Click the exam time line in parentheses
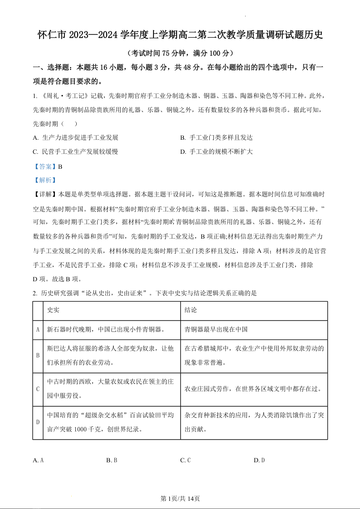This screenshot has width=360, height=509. (x=180, y=53)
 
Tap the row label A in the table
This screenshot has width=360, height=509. (x=38, y=330)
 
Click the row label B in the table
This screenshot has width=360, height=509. (x=38, y=356)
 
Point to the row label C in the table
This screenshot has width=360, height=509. (x=38, y=389)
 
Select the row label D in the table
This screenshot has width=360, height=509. (x=38, y=422)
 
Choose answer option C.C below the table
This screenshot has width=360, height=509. (x=185, y=460)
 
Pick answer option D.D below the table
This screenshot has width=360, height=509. (x=259, y=460)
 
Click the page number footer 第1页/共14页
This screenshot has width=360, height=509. (x=180, y=498)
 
